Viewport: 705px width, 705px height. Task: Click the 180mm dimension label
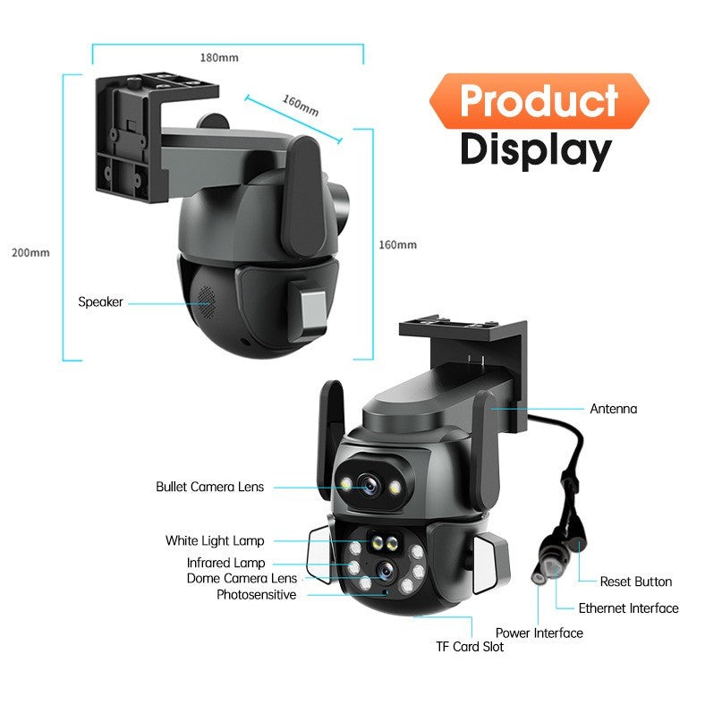coord(219,57)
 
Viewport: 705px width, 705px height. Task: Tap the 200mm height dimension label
coord(30,252)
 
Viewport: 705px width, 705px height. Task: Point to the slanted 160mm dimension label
coord(301,106)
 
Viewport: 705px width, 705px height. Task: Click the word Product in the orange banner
coord(539,100)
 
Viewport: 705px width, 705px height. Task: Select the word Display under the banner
coord(536,150)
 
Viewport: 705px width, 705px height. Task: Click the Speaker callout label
coord(100,302)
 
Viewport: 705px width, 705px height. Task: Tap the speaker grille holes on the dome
coord(207,302)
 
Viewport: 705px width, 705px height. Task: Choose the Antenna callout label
coord(613,409)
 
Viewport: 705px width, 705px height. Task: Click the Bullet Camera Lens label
coord(209,487)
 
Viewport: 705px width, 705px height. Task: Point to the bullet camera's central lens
coord(370,486)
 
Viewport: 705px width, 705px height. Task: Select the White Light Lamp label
coord(215,540)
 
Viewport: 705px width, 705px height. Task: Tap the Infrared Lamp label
coord(225,563)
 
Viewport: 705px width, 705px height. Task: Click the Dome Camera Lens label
coord(242,578)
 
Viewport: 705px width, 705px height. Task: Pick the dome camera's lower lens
coord(386,571)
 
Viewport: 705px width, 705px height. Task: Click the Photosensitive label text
coord(256,594)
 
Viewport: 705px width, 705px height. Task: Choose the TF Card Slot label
coord(470,647)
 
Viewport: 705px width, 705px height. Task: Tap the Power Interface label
coord(539,633)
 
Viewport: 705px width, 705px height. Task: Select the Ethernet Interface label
coord(629,608)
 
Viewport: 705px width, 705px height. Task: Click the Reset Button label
coord(636,582)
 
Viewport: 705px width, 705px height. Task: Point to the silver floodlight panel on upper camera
coord(313,311)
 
